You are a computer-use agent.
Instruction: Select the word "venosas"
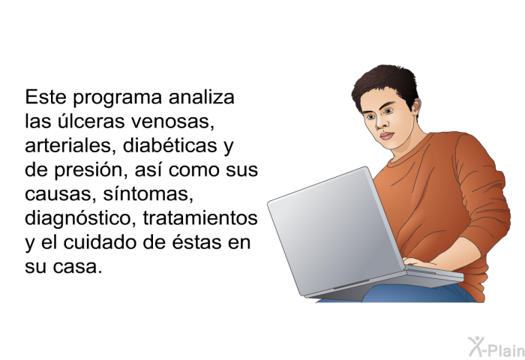coord(172,122)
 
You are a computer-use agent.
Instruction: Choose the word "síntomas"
coord(148,194)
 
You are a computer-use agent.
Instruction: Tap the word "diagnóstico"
coord(81,219)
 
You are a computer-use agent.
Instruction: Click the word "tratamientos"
coord(200,218)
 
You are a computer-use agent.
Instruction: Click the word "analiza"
coord(201,97)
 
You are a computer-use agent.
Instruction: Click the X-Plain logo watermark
coord(496,347)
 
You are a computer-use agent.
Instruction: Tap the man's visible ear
coord(416,107)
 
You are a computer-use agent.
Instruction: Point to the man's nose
coord(380,124)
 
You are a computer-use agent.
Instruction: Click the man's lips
coord(386,136)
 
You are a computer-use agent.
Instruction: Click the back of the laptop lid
coord(336,231)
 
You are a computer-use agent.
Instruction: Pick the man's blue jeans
coord(418,294)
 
